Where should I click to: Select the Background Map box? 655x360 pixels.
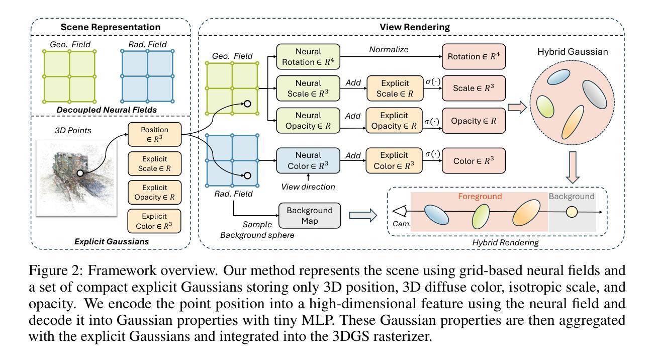tap(309, 215)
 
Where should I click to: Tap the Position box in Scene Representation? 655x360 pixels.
tap(155, 134)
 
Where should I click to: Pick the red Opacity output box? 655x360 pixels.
tap(473, 121)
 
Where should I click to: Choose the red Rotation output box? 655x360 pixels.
tap(473, 56)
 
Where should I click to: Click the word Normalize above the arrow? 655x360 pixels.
tap(389, 50)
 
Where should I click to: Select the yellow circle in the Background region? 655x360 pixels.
tap(572, 212)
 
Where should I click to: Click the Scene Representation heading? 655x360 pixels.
tap(111, 27)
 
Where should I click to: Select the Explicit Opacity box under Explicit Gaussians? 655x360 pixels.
tap(155, 192)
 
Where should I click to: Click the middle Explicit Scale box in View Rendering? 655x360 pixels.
tap(394, 88)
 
